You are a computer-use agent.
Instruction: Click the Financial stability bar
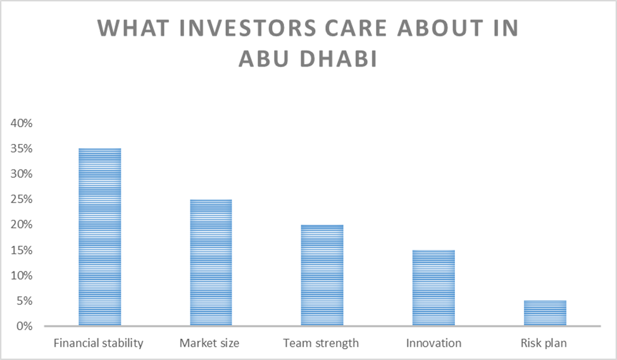tap(100, 237)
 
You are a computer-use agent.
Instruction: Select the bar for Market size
tap(211, 263)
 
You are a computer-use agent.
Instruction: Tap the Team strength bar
tap(322, 275)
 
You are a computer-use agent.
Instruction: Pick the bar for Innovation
tap(433, 288)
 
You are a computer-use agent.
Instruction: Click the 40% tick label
tap(22, 123)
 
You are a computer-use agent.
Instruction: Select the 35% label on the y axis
tap(22, 149)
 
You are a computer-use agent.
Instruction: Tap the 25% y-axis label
tap(22, 199)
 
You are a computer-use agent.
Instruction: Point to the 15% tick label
tap(22, 251)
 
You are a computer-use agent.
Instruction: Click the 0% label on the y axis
tap(25, 326)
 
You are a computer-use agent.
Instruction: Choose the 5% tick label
tap(25, 301)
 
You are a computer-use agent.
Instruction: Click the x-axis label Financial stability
tap(98, 344)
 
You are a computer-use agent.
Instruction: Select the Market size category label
tap(209, 344)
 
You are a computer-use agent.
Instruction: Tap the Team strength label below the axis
tap(321, 344)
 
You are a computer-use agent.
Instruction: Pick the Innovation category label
tap(433, 343)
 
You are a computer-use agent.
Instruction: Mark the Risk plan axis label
tap(544, 344)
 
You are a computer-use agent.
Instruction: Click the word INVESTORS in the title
tap(247, 28)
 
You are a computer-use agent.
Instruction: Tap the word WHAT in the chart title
tap(134, 28)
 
